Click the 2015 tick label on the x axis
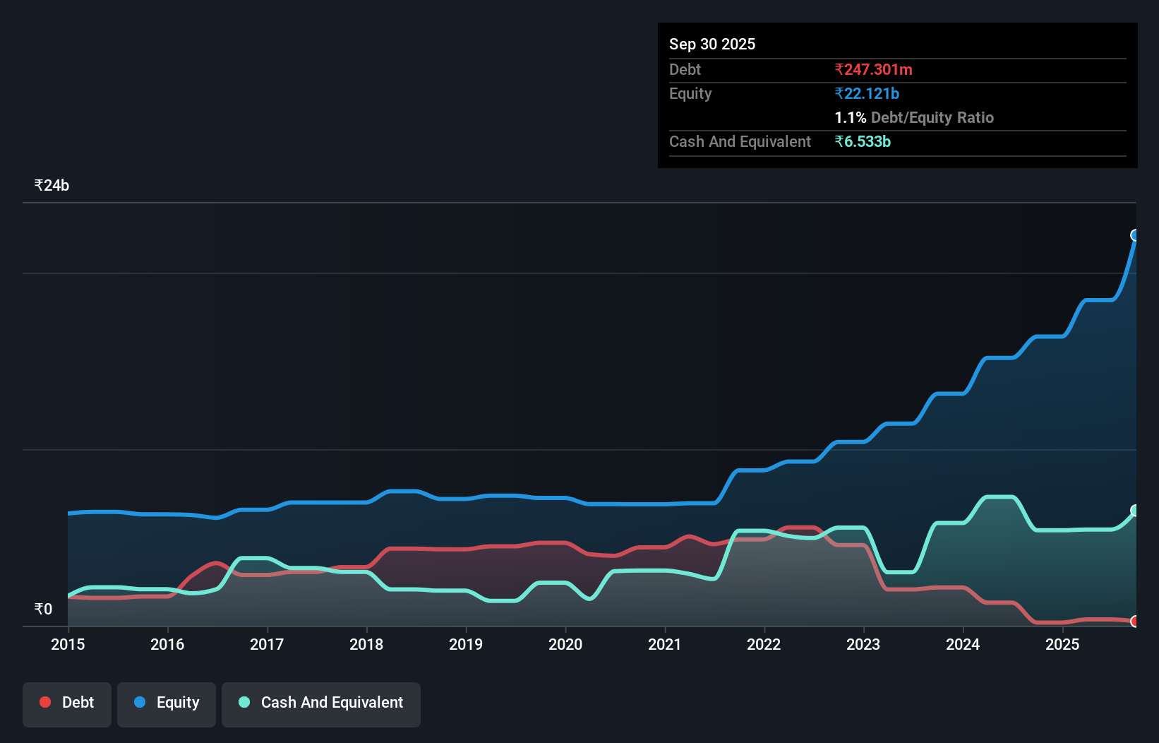tap(68, 644)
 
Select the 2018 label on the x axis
tap(366, 644)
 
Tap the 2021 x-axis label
tap(665, 644)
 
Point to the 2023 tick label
tap(863, 644)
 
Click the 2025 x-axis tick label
tap(1062, 644)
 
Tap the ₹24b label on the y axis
tap(52, 186)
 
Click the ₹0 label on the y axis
tap(43, 609)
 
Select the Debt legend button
tap(67, 703)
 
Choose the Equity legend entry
tap(167, 703)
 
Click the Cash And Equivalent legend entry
tap(321, 703)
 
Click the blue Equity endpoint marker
tap(1135, 235)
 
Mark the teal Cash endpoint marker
tap(1135, 510)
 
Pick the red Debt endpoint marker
tap(1135, 622)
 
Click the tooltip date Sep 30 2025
tap(711, 44)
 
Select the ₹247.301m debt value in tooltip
tap(873, 69)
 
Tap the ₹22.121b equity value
tap(867, 93)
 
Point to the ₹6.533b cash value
tap(863, 141)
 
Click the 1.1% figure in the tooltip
tap(850, 117)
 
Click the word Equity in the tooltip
tap(690, 93)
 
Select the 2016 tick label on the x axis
tap(167, 644)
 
